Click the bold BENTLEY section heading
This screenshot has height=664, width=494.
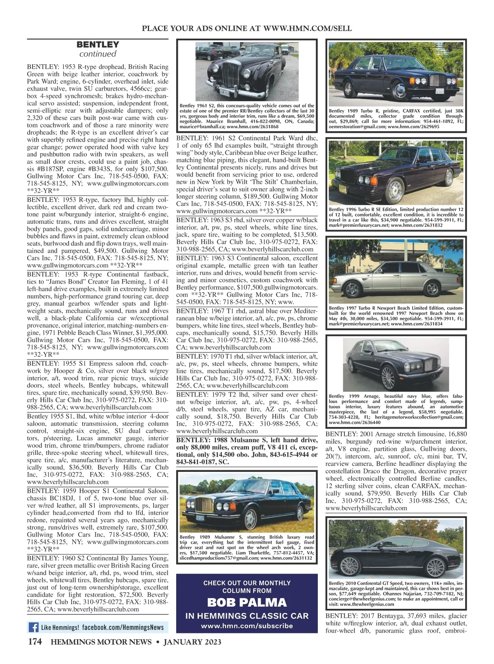(98, 44)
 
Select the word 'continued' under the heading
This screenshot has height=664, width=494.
(98, 54)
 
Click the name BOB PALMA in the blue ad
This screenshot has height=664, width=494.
(247, 603)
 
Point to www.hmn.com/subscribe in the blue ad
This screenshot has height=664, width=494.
(247, 626)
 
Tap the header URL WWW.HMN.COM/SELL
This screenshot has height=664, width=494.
(307, 28)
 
